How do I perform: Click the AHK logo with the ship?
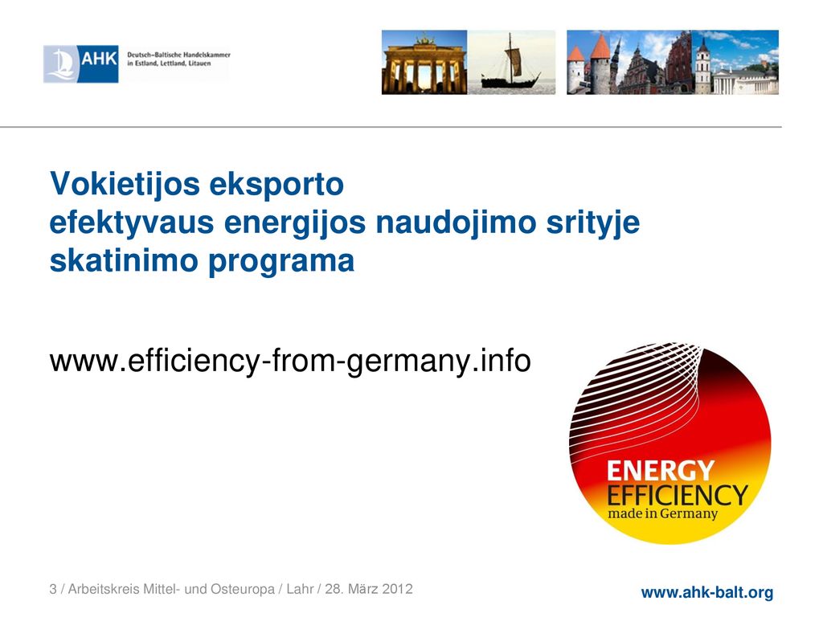[81, 64]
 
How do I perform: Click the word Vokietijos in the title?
[125, 185]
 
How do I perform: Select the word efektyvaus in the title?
[132, 223]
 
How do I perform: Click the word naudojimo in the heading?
[456, 223]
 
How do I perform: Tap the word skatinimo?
[124, 260]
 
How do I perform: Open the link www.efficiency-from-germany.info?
[290, 362]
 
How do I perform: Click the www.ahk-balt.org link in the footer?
[707, 592]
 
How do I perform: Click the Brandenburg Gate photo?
[424, 63]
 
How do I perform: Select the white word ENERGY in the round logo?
[661, 471]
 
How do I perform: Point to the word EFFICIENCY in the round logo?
[677, 496]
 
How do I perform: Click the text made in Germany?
[662, 513]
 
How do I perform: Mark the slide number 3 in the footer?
[53, 589]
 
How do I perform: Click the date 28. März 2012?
[369, 589]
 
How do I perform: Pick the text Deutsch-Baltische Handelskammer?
[178, 55]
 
